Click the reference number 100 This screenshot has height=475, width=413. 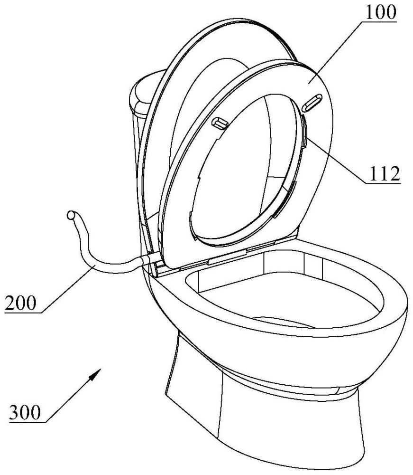379,14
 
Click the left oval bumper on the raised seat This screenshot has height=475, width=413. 220,123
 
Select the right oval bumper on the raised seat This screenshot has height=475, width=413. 312,102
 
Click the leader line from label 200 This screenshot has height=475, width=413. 66,290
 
